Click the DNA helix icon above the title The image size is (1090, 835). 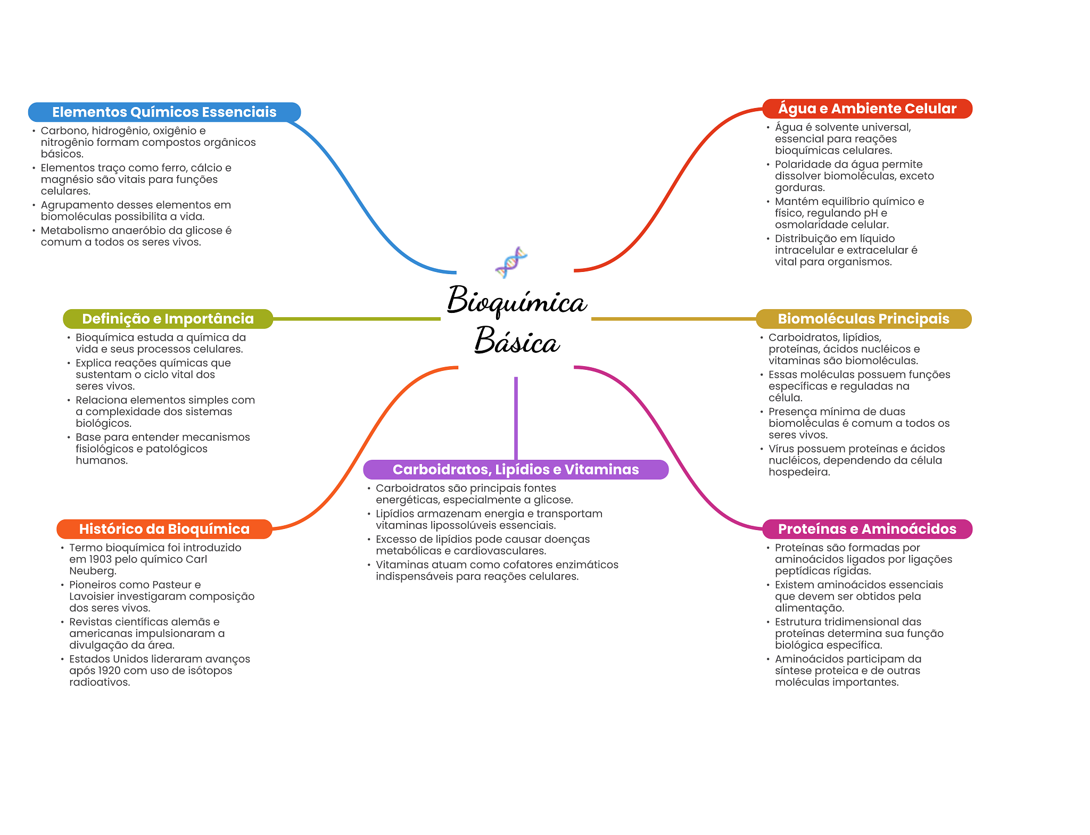click(511, 262)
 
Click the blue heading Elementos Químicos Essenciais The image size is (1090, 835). click(164, 112)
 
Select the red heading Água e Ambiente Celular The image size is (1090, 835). click(867, 109)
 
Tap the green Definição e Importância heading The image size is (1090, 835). click(168, 319)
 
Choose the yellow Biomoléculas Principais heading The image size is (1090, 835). click(863, 319)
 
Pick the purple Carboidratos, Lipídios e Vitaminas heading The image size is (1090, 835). click(515, 469)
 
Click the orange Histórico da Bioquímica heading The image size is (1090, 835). click(164, 529)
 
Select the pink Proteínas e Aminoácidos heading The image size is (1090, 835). click(867, 529)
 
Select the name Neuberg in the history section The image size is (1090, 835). click(92, 571)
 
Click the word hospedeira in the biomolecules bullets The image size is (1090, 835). click(798, 472)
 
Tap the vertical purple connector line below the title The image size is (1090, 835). click(516, 418)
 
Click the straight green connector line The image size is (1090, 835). click(357, 319)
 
